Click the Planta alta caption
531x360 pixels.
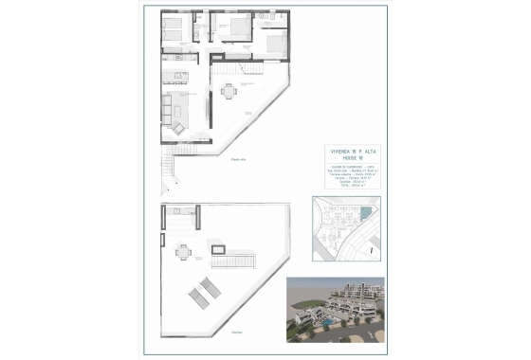click(237, 162)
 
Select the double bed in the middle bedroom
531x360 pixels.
click(229, 27)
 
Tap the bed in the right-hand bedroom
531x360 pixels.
click(273, 44)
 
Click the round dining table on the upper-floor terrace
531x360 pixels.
click(228, 91)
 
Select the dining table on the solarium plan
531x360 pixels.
click(181, 253)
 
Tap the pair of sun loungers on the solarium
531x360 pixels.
click(204, 293)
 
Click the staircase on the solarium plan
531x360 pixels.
click(236, 259)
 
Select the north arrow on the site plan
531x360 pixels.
click(373, 252)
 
